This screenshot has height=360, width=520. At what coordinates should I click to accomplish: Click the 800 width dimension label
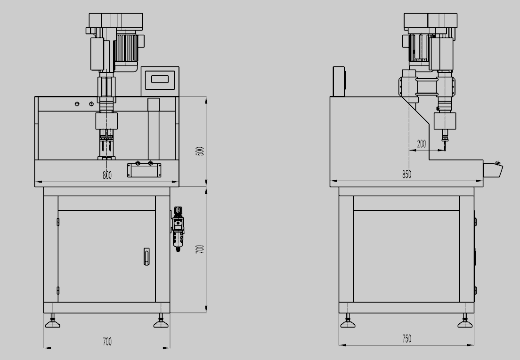tap(107, 175)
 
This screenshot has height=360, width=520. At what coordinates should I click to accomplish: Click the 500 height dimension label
tap(200, 152)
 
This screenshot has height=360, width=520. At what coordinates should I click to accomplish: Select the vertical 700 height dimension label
tap(200, 249)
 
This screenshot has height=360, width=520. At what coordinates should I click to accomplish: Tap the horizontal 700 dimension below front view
tap(107, 342)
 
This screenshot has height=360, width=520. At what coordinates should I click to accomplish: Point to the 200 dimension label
tap(421, 144)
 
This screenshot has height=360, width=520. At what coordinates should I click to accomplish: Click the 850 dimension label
tap(406, 174)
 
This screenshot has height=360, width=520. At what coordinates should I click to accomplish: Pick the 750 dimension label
tap(406, 338)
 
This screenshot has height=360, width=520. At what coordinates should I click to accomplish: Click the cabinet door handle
tap(146, 256)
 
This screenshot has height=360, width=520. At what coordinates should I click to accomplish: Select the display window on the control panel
tap(160, 80)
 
